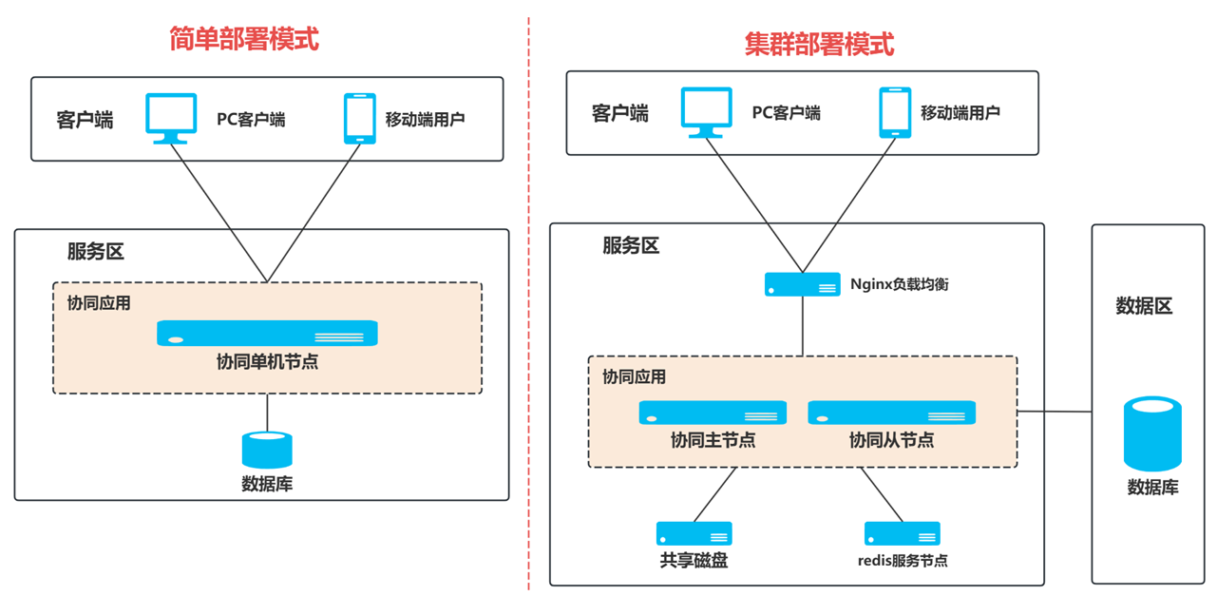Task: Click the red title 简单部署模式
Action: [244, 39]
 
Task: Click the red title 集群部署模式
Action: [819, 44]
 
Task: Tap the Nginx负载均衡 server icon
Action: [803, 284]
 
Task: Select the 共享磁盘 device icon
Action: [694, 533]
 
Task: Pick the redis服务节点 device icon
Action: [902, 533]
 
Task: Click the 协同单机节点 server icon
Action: [267, 333]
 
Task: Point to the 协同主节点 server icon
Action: [713, 413]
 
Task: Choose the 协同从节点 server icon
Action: [891, 413]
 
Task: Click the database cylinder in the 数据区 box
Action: [1152, 433]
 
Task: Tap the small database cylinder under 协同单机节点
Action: [267, 450]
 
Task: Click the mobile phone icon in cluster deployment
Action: [895, 112]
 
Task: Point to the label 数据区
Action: [1144, 306]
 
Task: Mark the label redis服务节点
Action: [902, 561]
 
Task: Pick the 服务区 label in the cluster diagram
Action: [630, 246]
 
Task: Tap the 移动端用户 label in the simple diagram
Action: [425, 120]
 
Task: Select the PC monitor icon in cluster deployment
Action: [707, 112]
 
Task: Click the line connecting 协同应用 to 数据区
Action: [1055, 412]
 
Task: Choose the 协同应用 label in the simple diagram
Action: [99, 303]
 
